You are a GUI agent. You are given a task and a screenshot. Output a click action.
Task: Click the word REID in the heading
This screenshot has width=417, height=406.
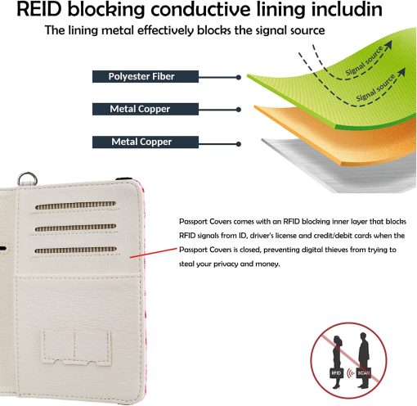[38, 9]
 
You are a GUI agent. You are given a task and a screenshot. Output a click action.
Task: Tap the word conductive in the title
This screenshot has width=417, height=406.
[200, 9]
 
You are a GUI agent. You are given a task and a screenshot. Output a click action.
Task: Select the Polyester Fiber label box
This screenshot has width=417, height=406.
[146, 76]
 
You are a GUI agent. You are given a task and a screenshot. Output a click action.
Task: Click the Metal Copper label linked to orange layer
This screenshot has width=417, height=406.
[146, 109]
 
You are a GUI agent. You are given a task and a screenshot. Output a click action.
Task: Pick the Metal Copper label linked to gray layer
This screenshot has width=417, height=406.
[146, 142]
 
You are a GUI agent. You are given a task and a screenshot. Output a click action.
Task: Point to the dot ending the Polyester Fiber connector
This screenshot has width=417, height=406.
[239, 78]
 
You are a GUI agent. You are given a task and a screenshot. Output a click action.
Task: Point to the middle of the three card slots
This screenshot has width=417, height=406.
[75, 228]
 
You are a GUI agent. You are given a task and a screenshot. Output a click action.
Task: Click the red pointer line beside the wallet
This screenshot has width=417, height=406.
[154, 253]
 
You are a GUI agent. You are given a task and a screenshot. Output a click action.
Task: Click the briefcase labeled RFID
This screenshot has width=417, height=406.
[336, 372]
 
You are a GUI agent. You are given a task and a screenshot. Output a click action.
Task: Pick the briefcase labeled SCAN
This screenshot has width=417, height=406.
[364, 372]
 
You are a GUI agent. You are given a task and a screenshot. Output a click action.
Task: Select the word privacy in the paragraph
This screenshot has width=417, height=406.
[226, 264]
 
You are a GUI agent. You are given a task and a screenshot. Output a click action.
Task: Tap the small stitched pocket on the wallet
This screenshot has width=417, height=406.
[76, 347]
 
